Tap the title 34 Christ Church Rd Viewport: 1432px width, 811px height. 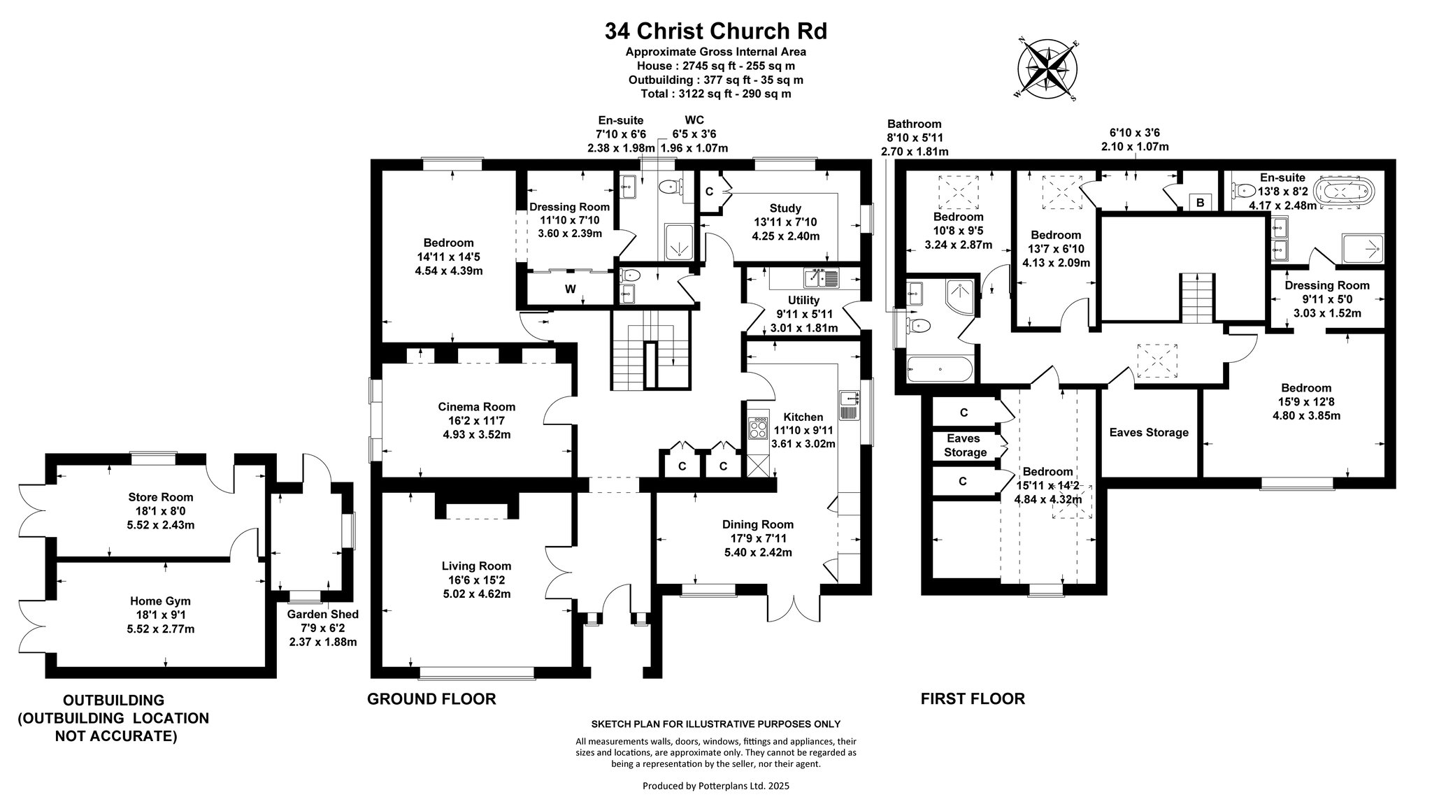pyautogui.click(x=715, y=31)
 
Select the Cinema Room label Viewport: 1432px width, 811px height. pyautogui.click(x=476, y=407)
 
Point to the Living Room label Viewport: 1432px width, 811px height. pyautogui.click(x=476, y=566)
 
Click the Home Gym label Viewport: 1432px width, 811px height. pyautogui.click(x=160, y=601)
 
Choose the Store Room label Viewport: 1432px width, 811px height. pyautogui.click(x=161, y=498)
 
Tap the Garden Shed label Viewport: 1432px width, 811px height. pyautogui.click(x=323, y=615)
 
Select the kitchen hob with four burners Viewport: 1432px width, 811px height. pyautogui.click(x=758, y=428)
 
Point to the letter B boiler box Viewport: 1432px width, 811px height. pyautogui.click(x=1201, y=203)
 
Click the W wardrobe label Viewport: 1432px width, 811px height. pyautogui.click(x=571, y=289)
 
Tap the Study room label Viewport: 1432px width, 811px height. pyautogui.click(x=785, y=208)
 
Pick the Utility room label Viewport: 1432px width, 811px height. pyautogui.click(x=803, y=301)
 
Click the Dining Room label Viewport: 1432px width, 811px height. pyautogui.click(x=758, y=524)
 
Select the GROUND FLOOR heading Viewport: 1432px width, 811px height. pyautogui.click(x=431, y=699)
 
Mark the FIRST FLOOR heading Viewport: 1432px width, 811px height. pyautogui.click(x=973, y=699)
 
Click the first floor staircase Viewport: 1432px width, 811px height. pyautogui.click(x=1196, y=299)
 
